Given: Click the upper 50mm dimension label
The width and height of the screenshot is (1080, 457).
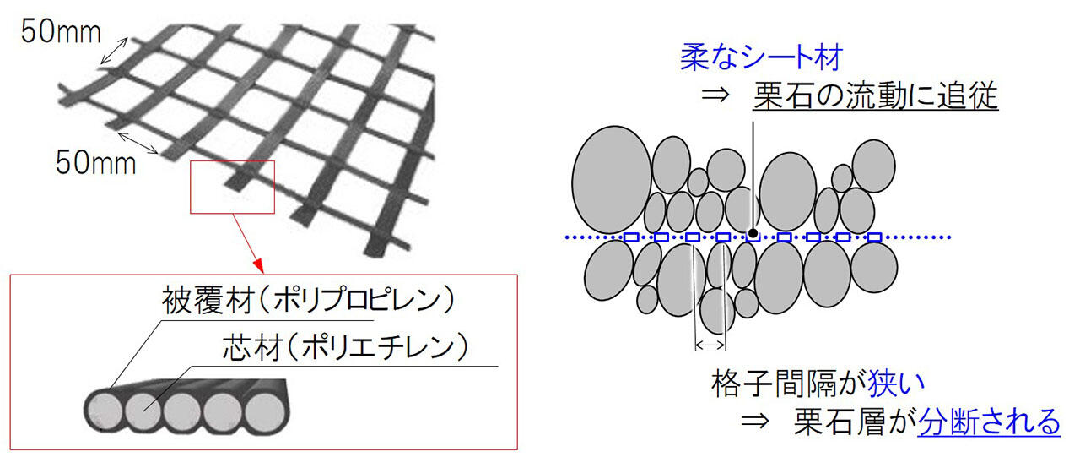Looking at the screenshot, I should click(x=61, y=32).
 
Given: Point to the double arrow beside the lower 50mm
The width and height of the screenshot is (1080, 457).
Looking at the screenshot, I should click(x=136, y=142).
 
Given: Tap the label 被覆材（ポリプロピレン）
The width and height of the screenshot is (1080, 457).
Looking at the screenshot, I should click(x=308, y=300).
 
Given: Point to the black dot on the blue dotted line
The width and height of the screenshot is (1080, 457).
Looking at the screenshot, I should click(x=752, y=234).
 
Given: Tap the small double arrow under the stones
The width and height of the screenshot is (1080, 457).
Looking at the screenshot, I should click(x=710, y=345).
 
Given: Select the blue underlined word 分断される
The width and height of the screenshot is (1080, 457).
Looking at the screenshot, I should click(x=989, y=421).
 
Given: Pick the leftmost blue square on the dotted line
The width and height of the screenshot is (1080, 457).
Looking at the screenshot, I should click(x=631, y=237).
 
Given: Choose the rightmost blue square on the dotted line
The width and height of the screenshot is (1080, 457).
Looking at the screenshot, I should click(x=873, y=237).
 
